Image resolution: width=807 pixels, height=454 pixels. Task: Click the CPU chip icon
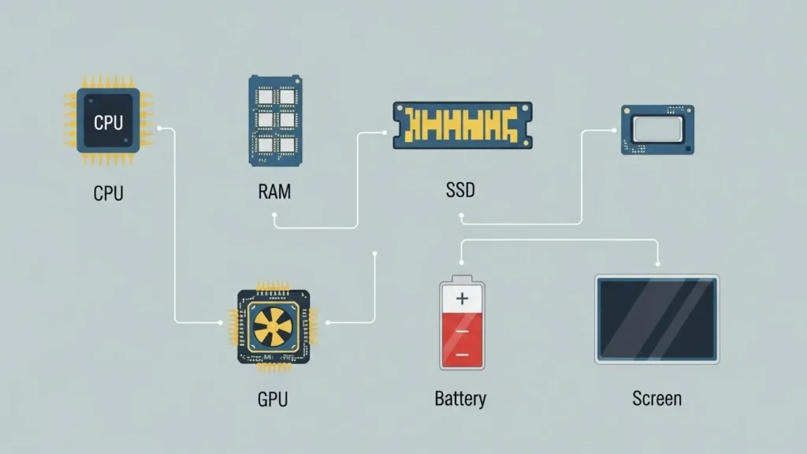[108, 121]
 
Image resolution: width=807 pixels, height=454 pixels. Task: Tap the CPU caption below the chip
[108, 193]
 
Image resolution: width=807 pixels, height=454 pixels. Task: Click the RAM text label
[273, 192]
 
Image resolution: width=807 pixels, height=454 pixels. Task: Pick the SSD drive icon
[463, 125]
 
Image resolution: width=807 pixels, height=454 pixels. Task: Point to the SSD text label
[460, 190]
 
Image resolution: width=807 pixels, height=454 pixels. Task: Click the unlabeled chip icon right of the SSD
[656, 129]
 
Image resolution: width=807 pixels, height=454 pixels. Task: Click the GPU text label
[273, 399]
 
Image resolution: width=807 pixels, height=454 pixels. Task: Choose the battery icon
[462, 323]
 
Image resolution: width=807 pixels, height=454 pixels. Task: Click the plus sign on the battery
[462, 299]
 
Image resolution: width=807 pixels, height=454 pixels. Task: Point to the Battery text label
[460, 399]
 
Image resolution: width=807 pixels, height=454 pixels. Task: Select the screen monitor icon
[656, 318]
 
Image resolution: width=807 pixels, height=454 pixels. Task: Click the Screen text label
[656, 399]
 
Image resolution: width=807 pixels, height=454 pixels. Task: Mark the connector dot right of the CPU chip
[160, 128]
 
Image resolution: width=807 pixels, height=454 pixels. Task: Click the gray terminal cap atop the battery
[462, 278]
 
